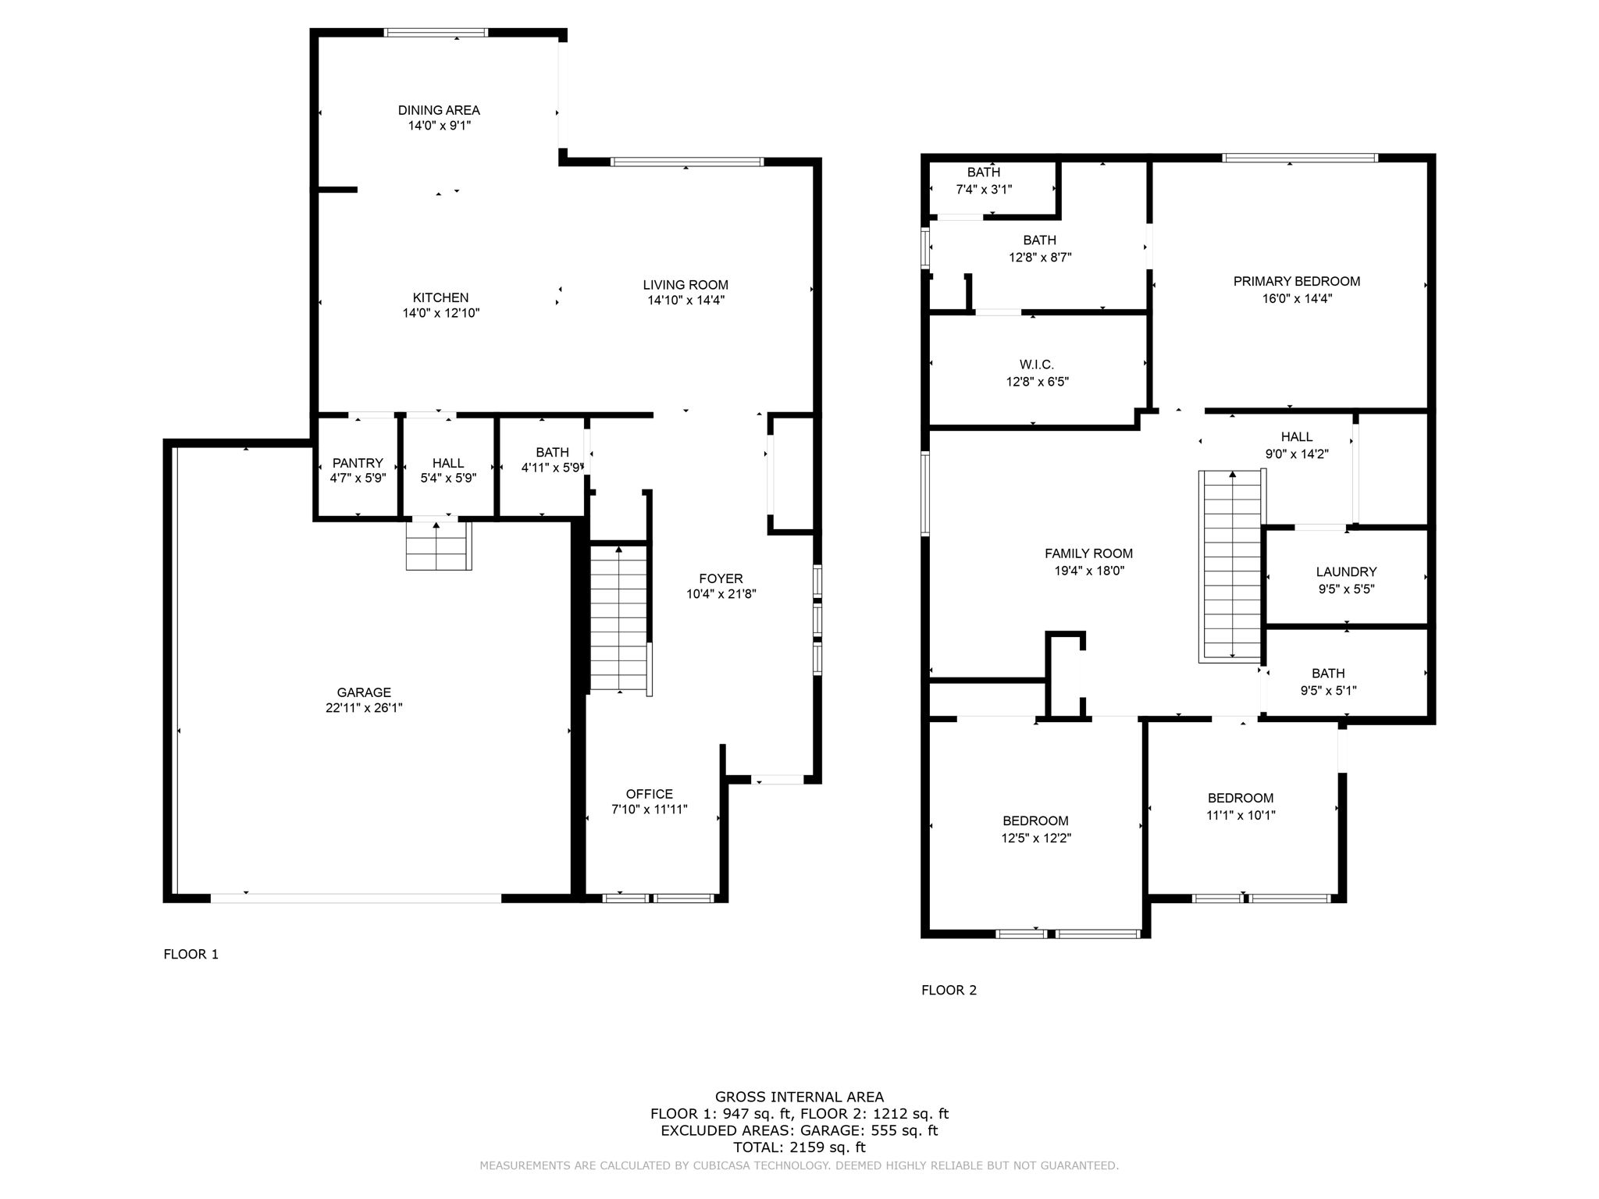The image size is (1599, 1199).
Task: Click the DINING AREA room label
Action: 438,110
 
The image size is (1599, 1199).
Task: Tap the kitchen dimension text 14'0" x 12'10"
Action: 440,313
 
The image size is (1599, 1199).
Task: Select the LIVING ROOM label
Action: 686,285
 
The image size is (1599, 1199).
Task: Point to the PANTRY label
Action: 358,463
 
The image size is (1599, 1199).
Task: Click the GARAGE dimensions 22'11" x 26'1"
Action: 364,708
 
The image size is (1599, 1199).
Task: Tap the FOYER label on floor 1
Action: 720,578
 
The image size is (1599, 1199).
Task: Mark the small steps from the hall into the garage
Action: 438,546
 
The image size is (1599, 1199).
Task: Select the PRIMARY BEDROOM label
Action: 1296,281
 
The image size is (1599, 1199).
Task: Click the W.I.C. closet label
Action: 1036,365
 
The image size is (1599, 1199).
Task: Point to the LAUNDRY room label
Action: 1346,572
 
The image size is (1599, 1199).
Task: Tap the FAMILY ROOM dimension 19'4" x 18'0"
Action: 1088,571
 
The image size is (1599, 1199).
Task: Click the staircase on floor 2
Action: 1232,566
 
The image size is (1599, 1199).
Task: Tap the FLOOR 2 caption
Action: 949,990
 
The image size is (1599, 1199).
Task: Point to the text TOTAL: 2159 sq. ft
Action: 799,1147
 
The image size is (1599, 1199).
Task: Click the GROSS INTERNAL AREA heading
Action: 799,1097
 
